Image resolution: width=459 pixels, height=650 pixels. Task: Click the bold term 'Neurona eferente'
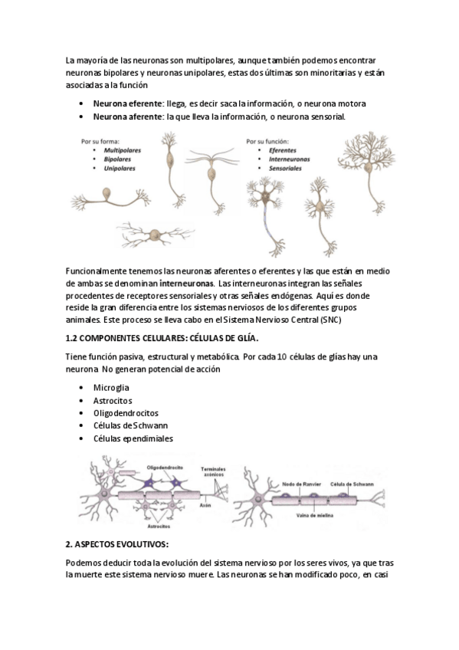tap(129, 103)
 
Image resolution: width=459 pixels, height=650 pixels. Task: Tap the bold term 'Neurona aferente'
tap(129, 117)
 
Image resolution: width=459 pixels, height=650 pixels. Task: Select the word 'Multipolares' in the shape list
tap(122, 150)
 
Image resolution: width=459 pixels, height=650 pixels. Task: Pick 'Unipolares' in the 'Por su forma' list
tap(120, 169)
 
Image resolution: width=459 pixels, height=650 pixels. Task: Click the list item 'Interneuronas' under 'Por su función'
tap(289, 159)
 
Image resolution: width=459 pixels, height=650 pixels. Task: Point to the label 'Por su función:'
tap(267, 141)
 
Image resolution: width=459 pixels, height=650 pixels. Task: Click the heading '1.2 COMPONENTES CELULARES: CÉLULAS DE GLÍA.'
tap(162, 338)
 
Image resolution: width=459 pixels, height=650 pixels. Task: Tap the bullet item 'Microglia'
tap(111, 388)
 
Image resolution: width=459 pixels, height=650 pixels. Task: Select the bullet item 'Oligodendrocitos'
tap(126, 413)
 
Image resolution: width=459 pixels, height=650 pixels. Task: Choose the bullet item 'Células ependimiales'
tap(133, 438)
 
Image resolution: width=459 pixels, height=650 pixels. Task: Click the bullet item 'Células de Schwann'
tap(130, 425)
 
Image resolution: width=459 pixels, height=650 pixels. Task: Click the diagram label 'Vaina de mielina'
tap(314, 515)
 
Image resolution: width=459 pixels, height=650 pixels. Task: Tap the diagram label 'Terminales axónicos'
tap(213, 471)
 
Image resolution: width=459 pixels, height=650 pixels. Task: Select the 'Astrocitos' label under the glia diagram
tap(159, 526)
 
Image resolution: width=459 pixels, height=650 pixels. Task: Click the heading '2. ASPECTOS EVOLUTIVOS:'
tap(116, 544)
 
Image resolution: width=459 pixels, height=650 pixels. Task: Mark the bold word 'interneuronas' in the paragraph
tap(187, 284)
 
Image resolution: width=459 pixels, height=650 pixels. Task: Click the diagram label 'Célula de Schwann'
tap(352, 484)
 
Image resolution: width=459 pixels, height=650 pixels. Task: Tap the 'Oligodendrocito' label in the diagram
tap(165, 468)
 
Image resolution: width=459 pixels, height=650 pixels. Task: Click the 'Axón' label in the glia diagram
tap(205, 505)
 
